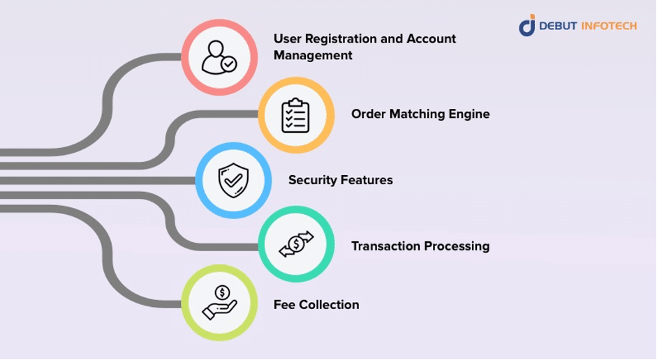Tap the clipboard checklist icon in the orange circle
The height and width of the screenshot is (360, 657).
[x=295, y=115]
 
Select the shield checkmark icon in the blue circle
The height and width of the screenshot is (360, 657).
[x=232, y=181]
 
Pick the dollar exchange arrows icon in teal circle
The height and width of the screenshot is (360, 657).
[x=296, y=245]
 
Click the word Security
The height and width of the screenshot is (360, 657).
[x=312, y=180]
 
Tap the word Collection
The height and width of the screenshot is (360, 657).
[x=329, y=305]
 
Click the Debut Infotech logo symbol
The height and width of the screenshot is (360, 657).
[x=526, y=25]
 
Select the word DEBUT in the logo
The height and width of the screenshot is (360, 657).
[x=557, y=26]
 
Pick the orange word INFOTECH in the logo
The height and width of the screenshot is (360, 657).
[x=609, y=26]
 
